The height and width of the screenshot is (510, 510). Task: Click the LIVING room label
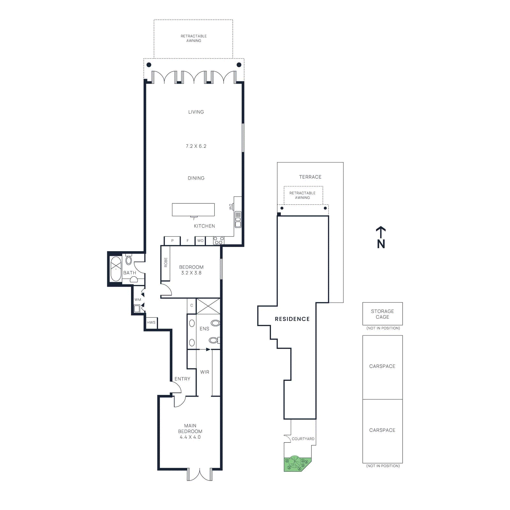[x=196, y=112]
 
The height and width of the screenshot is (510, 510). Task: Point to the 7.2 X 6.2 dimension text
[x=196, y=146]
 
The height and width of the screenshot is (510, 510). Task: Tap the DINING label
[x=196, y=178]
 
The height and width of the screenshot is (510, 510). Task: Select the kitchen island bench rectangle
[x=193, y=209]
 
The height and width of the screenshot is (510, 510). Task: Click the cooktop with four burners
[x=219, y=240]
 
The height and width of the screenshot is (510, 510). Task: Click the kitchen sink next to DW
[x=238, y=220]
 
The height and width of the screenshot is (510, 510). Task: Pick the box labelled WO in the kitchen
[x=200, y=241]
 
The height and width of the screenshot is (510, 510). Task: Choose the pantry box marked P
[x=172, y=241]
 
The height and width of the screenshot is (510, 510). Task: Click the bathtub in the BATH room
[x=116, y=269]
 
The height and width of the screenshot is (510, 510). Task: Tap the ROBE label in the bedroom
[x=165, y=262]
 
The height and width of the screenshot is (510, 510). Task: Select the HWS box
[x=151, y=322]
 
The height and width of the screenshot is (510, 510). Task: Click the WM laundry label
[x=137, y=300]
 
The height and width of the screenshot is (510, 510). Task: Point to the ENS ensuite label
[x=204, y=329]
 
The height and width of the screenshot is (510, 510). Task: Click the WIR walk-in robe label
[x=205, y=372]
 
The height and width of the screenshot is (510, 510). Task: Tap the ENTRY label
[x=182, y=379]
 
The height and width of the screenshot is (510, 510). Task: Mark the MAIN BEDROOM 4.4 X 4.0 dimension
[x=190, y=437]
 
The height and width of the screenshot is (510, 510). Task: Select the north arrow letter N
[x=381, y=244]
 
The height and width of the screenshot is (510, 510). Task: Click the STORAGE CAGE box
[x=382, y=314]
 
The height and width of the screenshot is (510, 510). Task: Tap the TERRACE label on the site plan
[x=310, y=177]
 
